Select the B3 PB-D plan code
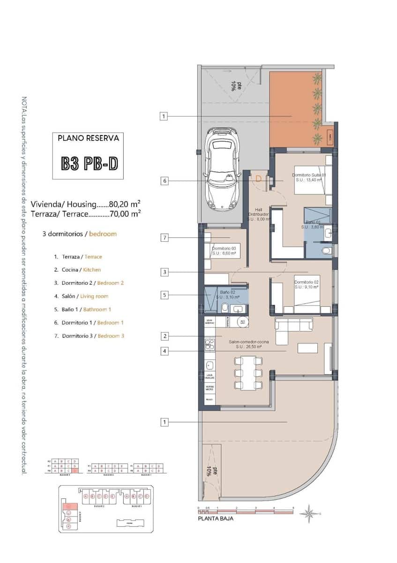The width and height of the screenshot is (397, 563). (89, 162)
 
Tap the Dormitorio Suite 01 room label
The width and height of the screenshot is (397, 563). (308, 177)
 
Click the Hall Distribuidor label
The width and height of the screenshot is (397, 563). (258, 214)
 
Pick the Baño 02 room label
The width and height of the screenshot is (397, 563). (227, 295)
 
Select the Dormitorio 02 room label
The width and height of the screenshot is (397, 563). (306, 285)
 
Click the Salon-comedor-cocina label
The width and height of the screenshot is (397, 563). (245, 345)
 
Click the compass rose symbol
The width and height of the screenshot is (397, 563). (308, 513)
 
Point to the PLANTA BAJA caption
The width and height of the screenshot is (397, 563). (216, 518)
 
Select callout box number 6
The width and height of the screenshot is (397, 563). (164, 181)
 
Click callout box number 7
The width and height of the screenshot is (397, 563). (164, 238)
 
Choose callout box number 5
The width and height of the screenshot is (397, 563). (164, 295)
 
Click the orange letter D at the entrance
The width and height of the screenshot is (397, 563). (258, 178)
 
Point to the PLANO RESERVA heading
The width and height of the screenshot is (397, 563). (88, 138)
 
